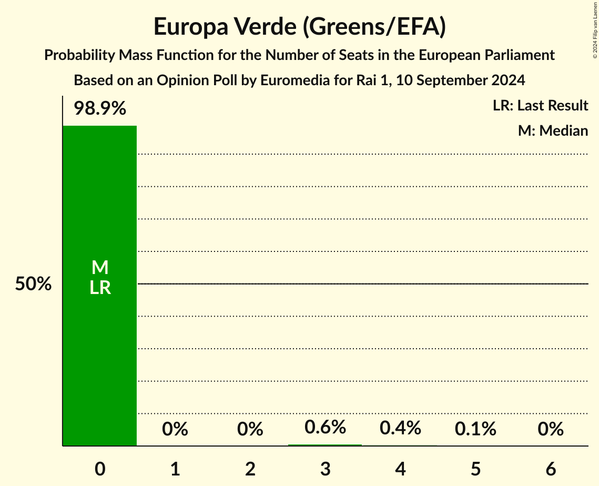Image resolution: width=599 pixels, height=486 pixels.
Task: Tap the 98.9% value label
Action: [99, 109]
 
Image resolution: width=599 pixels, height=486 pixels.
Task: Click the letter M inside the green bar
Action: [99, 268]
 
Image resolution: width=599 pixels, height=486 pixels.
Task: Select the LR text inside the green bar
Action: [99, 288]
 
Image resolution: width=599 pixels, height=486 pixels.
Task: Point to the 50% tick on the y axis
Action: [33, 285]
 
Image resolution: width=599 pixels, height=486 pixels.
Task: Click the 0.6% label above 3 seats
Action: [326, 427]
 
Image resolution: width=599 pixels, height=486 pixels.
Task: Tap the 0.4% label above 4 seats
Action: [401, 428]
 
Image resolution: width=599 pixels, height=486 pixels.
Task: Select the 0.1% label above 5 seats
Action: [476, 429]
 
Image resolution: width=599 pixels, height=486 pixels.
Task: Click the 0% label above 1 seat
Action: [175, 430]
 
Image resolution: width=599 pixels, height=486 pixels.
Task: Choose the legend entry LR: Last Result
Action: [540, 106]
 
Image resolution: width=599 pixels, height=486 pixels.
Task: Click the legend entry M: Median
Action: [553, 130]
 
